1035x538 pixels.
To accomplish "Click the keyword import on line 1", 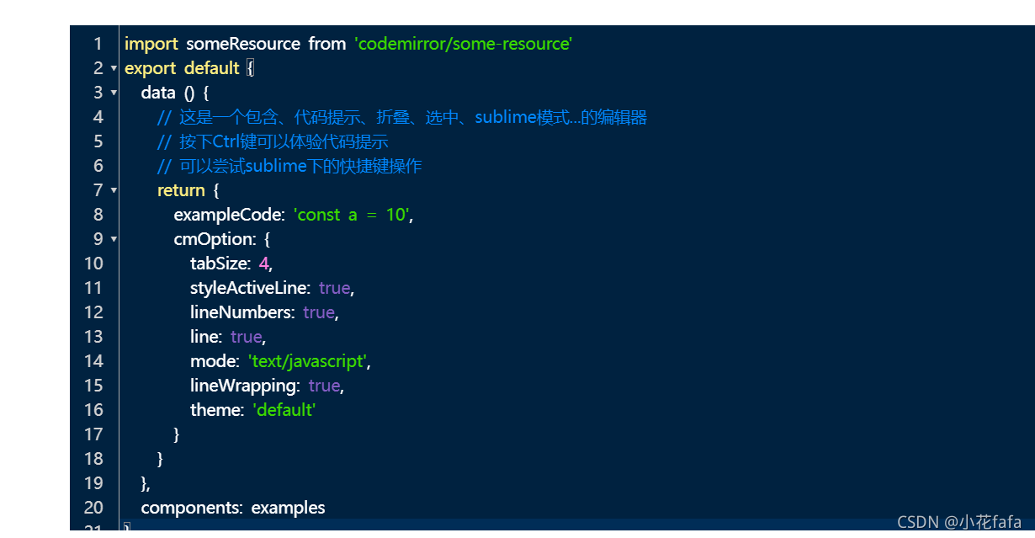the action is click(151, 44).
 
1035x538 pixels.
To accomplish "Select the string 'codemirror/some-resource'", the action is click(464, 44).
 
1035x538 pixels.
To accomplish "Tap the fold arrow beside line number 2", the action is click(114, 68).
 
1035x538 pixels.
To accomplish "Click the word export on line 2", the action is click(150, 68).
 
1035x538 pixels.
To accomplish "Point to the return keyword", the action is click(181, 190).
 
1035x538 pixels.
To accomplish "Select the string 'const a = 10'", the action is click(351, 215).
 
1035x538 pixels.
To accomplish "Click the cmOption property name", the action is click(213, 239).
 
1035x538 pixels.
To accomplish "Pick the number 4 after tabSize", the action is click(263, 264).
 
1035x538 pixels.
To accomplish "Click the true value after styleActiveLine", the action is click(334, 288).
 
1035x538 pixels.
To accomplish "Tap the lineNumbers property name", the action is click(241, 312).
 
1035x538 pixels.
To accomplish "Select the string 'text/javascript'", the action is click(307, 361).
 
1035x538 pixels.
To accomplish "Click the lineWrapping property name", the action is click(245, 386).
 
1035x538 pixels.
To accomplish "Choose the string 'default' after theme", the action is click(284, 410).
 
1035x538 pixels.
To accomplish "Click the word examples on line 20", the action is click(288, 508).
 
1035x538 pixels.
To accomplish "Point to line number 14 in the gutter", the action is click(93, 361).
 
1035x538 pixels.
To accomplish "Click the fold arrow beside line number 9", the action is click(114, 239).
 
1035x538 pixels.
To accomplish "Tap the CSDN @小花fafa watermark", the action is click(959, 522).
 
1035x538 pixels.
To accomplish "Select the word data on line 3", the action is click(158, 93).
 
